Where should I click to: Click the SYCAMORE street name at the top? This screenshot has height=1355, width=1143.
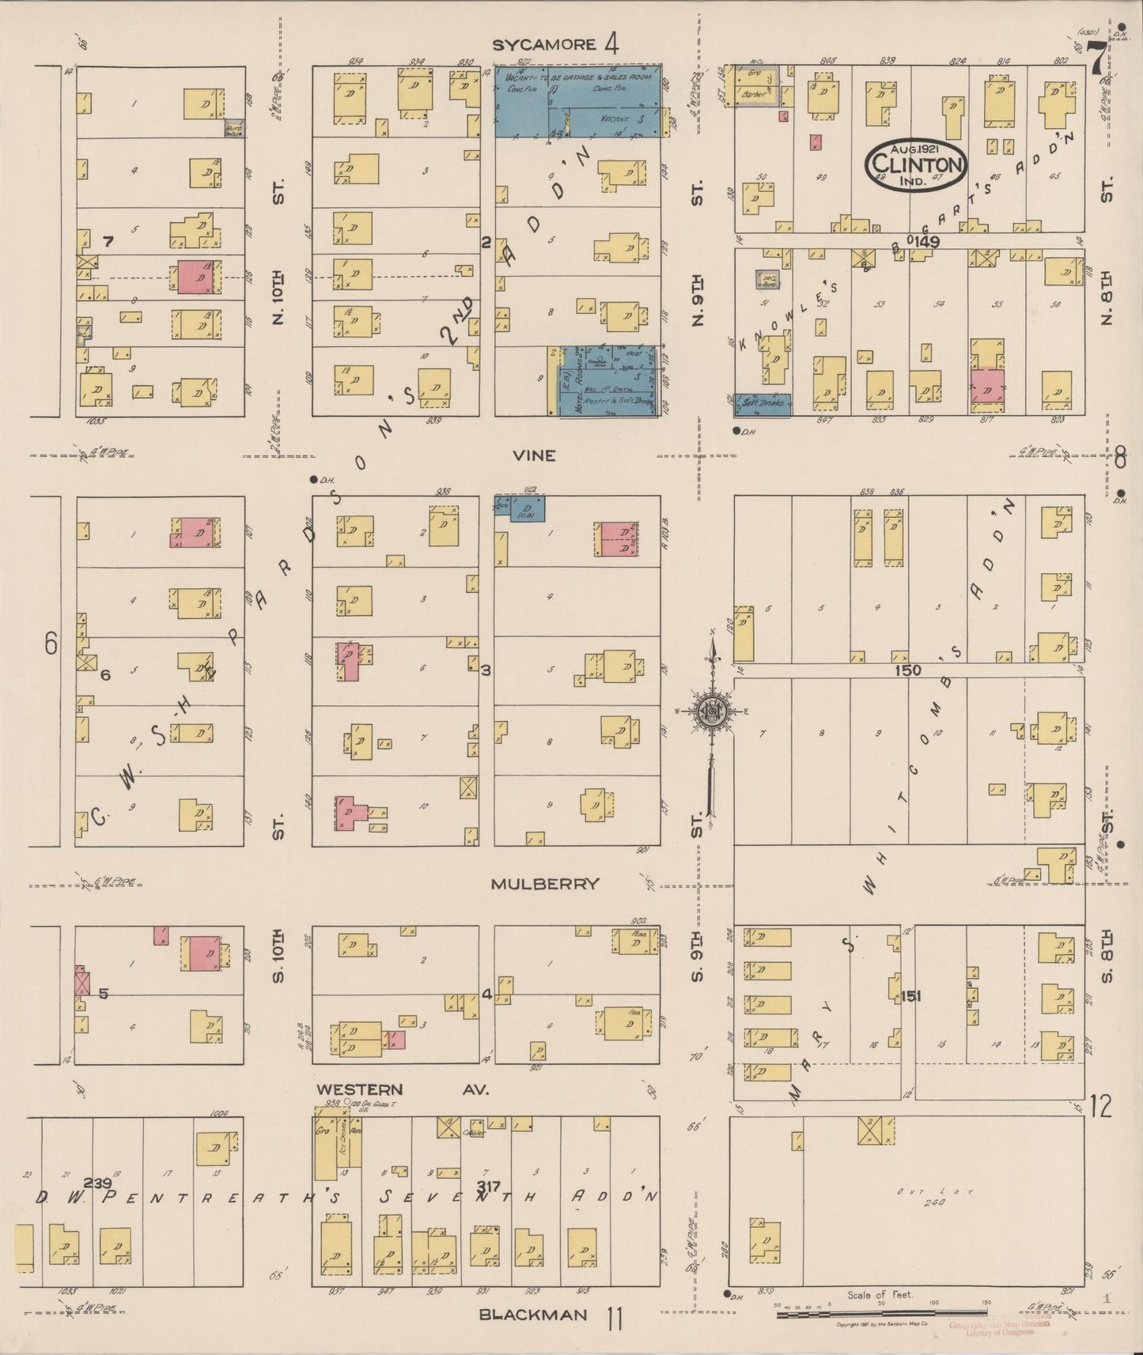point(543,45)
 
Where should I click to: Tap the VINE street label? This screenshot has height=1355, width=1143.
point(534,455)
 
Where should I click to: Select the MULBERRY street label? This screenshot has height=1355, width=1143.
point(544,884)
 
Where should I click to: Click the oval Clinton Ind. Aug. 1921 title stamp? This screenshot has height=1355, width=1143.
point(918,164)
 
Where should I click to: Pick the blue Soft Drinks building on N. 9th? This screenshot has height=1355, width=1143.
point(761,404)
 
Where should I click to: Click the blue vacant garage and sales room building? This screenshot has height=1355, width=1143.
point(577,100)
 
